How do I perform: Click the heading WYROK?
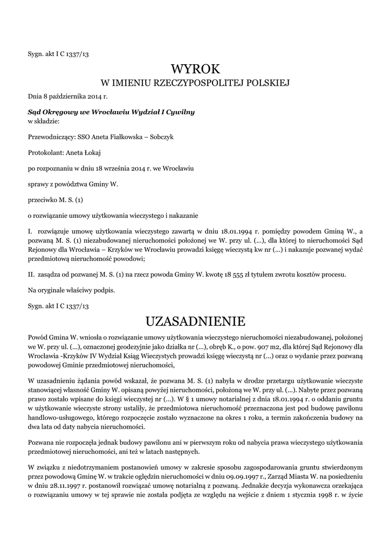[196, 68]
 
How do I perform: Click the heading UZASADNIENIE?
[196, 321]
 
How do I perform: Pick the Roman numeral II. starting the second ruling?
[31, 274]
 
